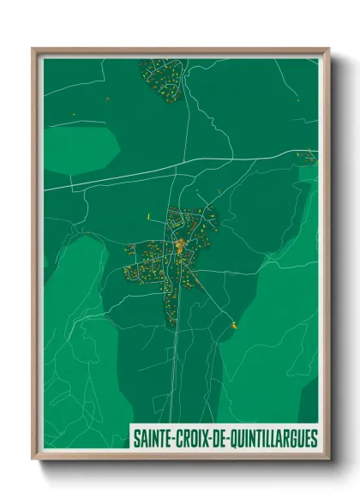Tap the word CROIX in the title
190,439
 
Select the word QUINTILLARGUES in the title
271,439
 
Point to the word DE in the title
217,439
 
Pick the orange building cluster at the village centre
181,249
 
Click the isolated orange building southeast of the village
232,325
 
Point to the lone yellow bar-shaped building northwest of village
148,215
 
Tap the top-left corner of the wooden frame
33,49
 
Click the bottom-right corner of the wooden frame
328,461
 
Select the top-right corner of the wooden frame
328,49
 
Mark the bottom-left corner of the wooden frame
33,461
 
